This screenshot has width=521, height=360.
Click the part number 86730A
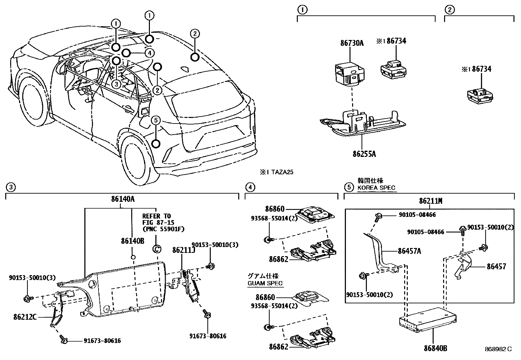click(x=352, y=43)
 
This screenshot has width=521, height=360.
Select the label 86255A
click(x=364, y=154)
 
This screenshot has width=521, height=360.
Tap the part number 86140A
click(x=123, y=199)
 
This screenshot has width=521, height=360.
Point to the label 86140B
click(x=133, y=241)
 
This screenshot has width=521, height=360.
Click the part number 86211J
click(x=184, y=250)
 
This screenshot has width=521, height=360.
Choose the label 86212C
click(x=25, y=317)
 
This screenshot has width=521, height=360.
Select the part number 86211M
click(x=431, y=201)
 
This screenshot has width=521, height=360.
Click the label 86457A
click(x=409, y=251)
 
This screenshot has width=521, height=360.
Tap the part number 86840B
click(x=435, y=348)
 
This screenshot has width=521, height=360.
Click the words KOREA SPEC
click(x=376, y=188)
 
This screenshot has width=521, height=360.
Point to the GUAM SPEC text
click(x=265, y=283)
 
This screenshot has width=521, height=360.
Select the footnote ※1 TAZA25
click(x=277, y=172)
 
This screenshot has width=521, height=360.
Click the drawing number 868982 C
click(x=498, y=349)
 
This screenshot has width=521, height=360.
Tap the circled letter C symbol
click(x=156, y=249)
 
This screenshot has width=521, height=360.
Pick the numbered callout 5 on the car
click(x=156, y=121)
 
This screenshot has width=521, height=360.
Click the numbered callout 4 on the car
click(x=150, y=53)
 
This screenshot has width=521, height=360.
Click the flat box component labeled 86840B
click(x=427, y=319)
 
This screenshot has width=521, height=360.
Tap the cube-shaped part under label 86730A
click(x=350, y=74)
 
